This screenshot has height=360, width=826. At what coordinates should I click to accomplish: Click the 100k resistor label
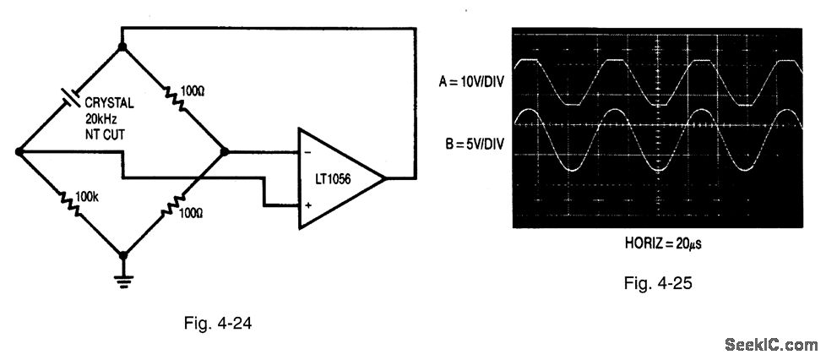[x=88, y=197]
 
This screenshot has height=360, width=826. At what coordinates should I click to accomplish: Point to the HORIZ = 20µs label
[x=658, y=243]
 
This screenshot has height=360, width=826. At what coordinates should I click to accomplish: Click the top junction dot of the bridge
[x=123, y=47]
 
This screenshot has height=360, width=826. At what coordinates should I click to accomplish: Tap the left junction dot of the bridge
[x=19, y=152]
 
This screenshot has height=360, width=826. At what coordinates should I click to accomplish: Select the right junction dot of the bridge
[x=226, y=152]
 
